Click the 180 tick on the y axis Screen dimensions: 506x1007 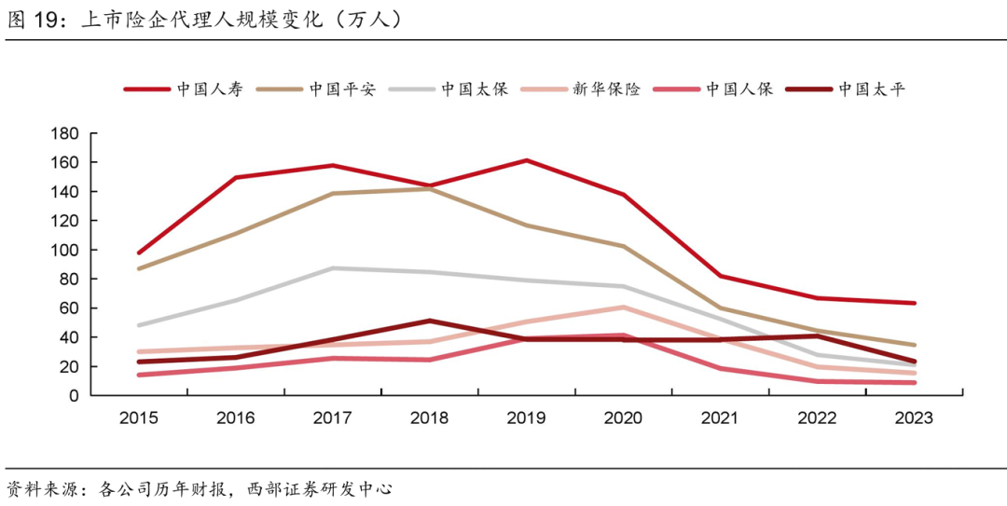tap(64, 133)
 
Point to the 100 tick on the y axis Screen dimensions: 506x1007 tap(64, 250)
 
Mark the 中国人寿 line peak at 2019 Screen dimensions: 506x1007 tap(526, 160)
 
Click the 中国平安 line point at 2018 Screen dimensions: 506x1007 tap(429, 188)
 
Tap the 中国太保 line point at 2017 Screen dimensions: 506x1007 tap(332, 268)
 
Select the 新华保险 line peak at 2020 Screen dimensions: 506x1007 tap(623, 307)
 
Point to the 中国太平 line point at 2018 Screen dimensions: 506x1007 tap(429, 321)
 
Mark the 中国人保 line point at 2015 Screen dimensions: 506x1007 tap(138, 375)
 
